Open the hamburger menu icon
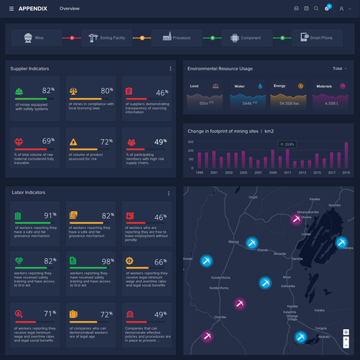(11, 8)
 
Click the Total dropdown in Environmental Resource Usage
(337, 68)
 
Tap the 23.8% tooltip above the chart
(288, 145)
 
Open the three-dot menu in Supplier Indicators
(170, 68)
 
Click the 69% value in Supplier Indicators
(48, 141)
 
